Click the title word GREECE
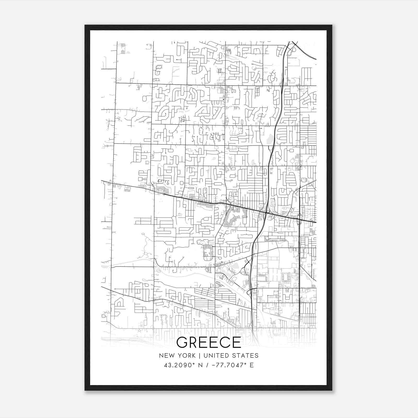(x=209, y=342)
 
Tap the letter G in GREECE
(x=183, y=342)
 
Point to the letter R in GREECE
(x=195, y=342)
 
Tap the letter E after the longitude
(x=252, y=365)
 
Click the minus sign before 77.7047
(x=214, y=365)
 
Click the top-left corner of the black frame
(x=85, y=25)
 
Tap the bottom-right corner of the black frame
(x=332, y=390)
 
